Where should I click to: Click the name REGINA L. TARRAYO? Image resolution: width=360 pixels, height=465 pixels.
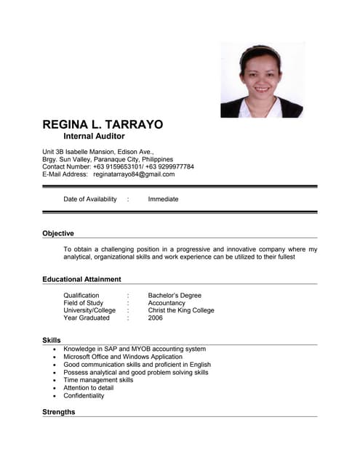(x=103, y=124)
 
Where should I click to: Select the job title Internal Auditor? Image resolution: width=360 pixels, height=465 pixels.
(x=94, y=137)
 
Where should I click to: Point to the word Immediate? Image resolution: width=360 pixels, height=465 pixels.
(x=163, y=199)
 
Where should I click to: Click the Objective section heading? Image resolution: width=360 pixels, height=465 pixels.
(x=58, y=233)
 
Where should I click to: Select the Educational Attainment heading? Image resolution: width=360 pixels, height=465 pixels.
(x=81, y=279)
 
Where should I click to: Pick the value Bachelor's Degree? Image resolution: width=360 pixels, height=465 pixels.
(x=175, y=296)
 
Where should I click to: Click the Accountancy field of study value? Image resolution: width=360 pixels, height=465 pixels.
(x=167, y=303)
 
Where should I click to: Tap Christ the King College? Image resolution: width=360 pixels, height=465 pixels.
(x=181, y=310)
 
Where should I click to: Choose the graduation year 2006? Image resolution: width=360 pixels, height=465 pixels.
(x=156, y=318)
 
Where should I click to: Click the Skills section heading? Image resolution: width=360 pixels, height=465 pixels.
(x=52, y=340)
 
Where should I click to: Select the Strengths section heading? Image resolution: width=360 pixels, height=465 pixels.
(x=59, y=412)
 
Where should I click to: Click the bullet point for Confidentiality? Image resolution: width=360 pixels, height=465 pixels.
(x=55, y=396)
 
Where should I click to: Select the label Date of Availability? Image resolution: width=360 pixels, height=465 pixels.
(x=90, y=199)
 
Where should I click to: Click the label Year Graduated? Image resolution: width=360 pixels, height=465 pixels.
(x=87, y=318)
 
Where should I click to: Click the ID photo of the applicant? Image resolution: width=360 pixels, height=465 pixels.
(x=261, y=79)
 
